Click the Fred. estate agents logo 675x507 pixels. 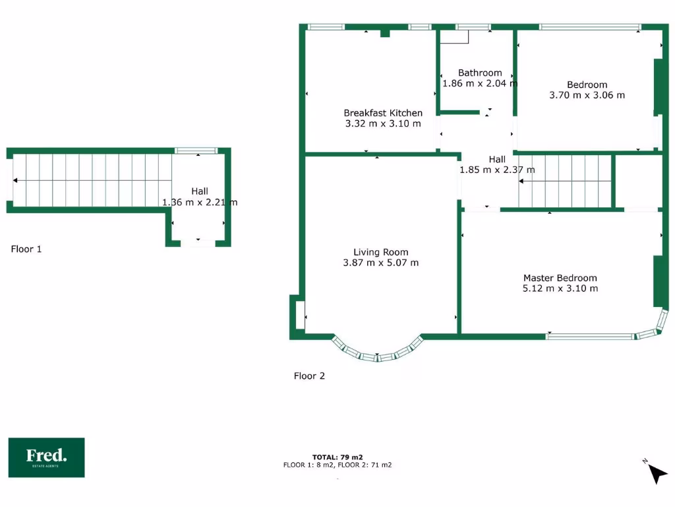[46, 457]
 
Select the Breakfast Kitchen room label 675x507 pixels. [383, 113]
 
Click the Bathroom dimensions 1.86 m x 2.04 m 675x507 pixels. [480, 83]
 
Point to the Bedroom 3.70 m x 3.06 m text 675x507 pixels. [587, 94]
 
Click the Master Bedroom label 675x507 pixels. [560, 278]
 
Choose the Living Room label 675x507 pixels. [380, 252]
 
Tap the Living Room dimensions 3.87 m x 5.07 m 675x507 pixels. [380, 263]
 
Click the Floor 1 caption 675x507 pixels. [26, 249]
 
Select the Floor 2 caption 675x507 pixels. [309, 376]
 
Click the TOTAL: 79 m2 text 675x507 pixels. [337, 457]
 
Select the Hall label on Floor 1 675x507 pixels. [200, 191]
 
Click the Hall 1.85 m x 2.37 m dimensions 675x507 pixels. [497, 170]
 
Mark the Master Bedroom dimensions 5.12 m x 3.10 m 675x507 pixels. [560, 288]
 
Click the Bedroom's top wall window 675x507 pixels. [589, 27]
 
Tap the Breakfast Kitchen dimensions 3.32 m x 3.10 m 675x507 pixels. [383, 123]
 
